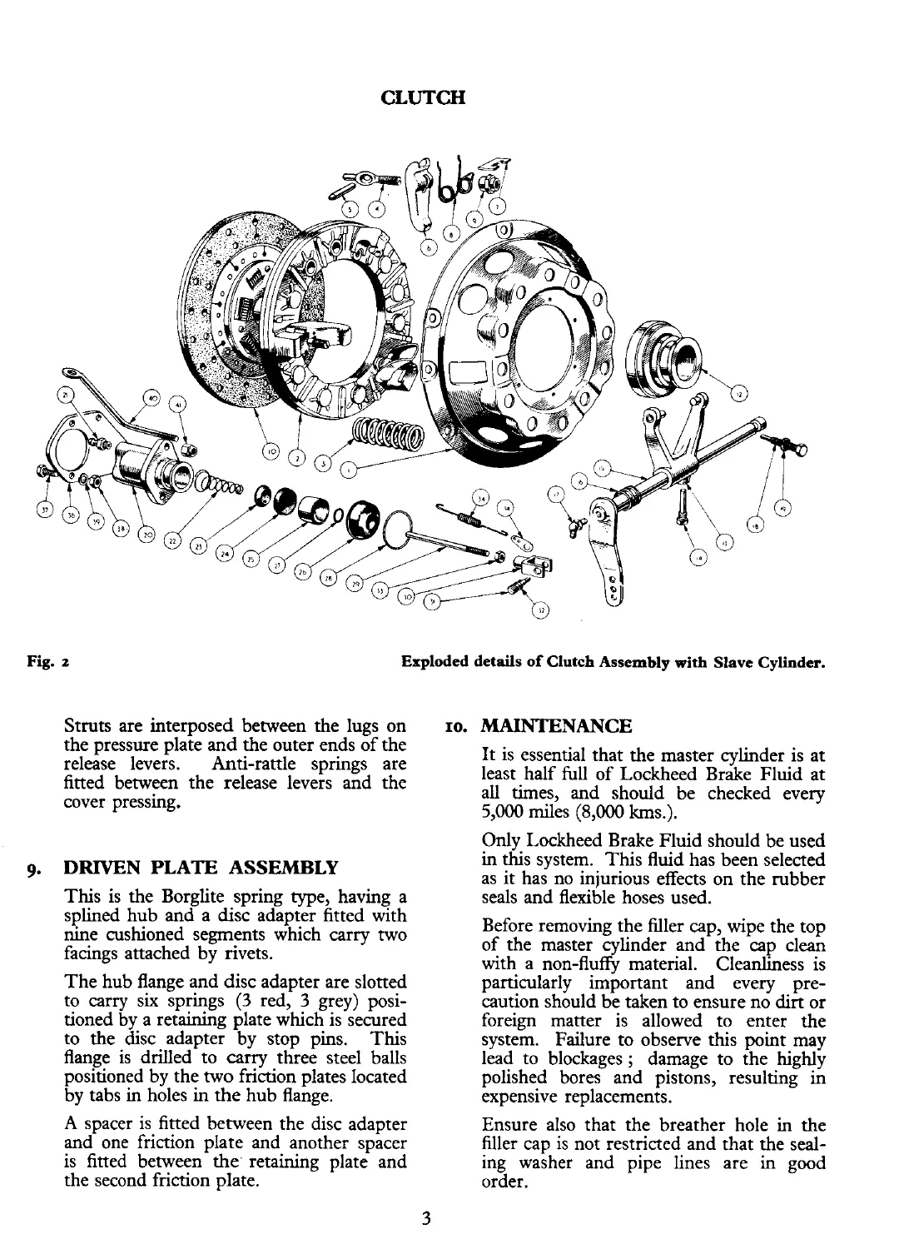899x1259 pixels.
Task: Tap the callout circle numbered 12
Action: pyautogui.click(x=736, y=393)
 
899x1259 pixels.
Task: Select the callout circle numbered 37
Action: pyautogui.click(x=47, y=510)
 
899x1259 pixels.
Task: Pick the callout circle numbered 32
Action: pyautogui.click(x=540, y=613)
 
